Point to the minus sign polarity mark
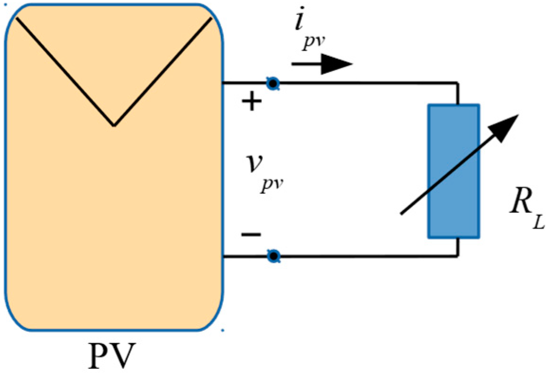tap(251, 234)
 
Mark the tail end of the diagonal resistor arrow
tap(402, 213)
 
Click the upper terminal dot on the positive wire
tap(273, 84)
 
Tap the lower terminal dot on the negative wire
tap(273, 257)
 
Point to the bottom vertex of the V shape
tap(114, 125)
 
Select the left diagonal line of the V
tap(66, 72)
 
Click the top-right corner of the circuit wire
tap(458, 84)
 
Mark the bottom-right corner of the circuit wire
tap(458, 257)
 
